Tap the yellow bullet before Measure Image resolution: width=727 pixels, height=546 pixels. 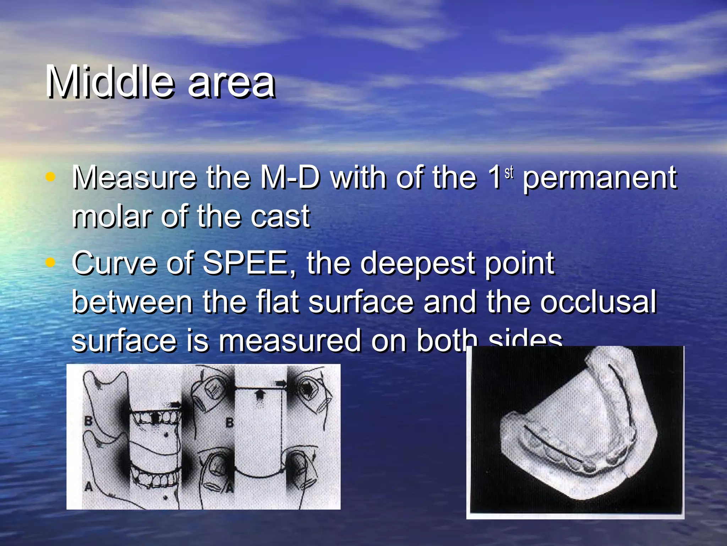tap(51, 177)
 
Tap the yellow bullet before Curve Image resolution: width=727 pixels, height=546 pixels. tap(51, 262)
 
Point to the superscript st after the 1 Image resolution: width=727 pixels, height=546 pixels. tap(509, 172)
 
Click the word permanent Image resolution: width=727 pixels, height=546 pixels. tap(600, 178)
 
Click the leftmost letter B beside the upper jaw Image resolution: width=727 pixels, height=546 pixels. tap(88, 421)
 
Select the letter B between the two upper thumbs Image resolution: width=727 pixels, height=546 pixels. tap(230, 423)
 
